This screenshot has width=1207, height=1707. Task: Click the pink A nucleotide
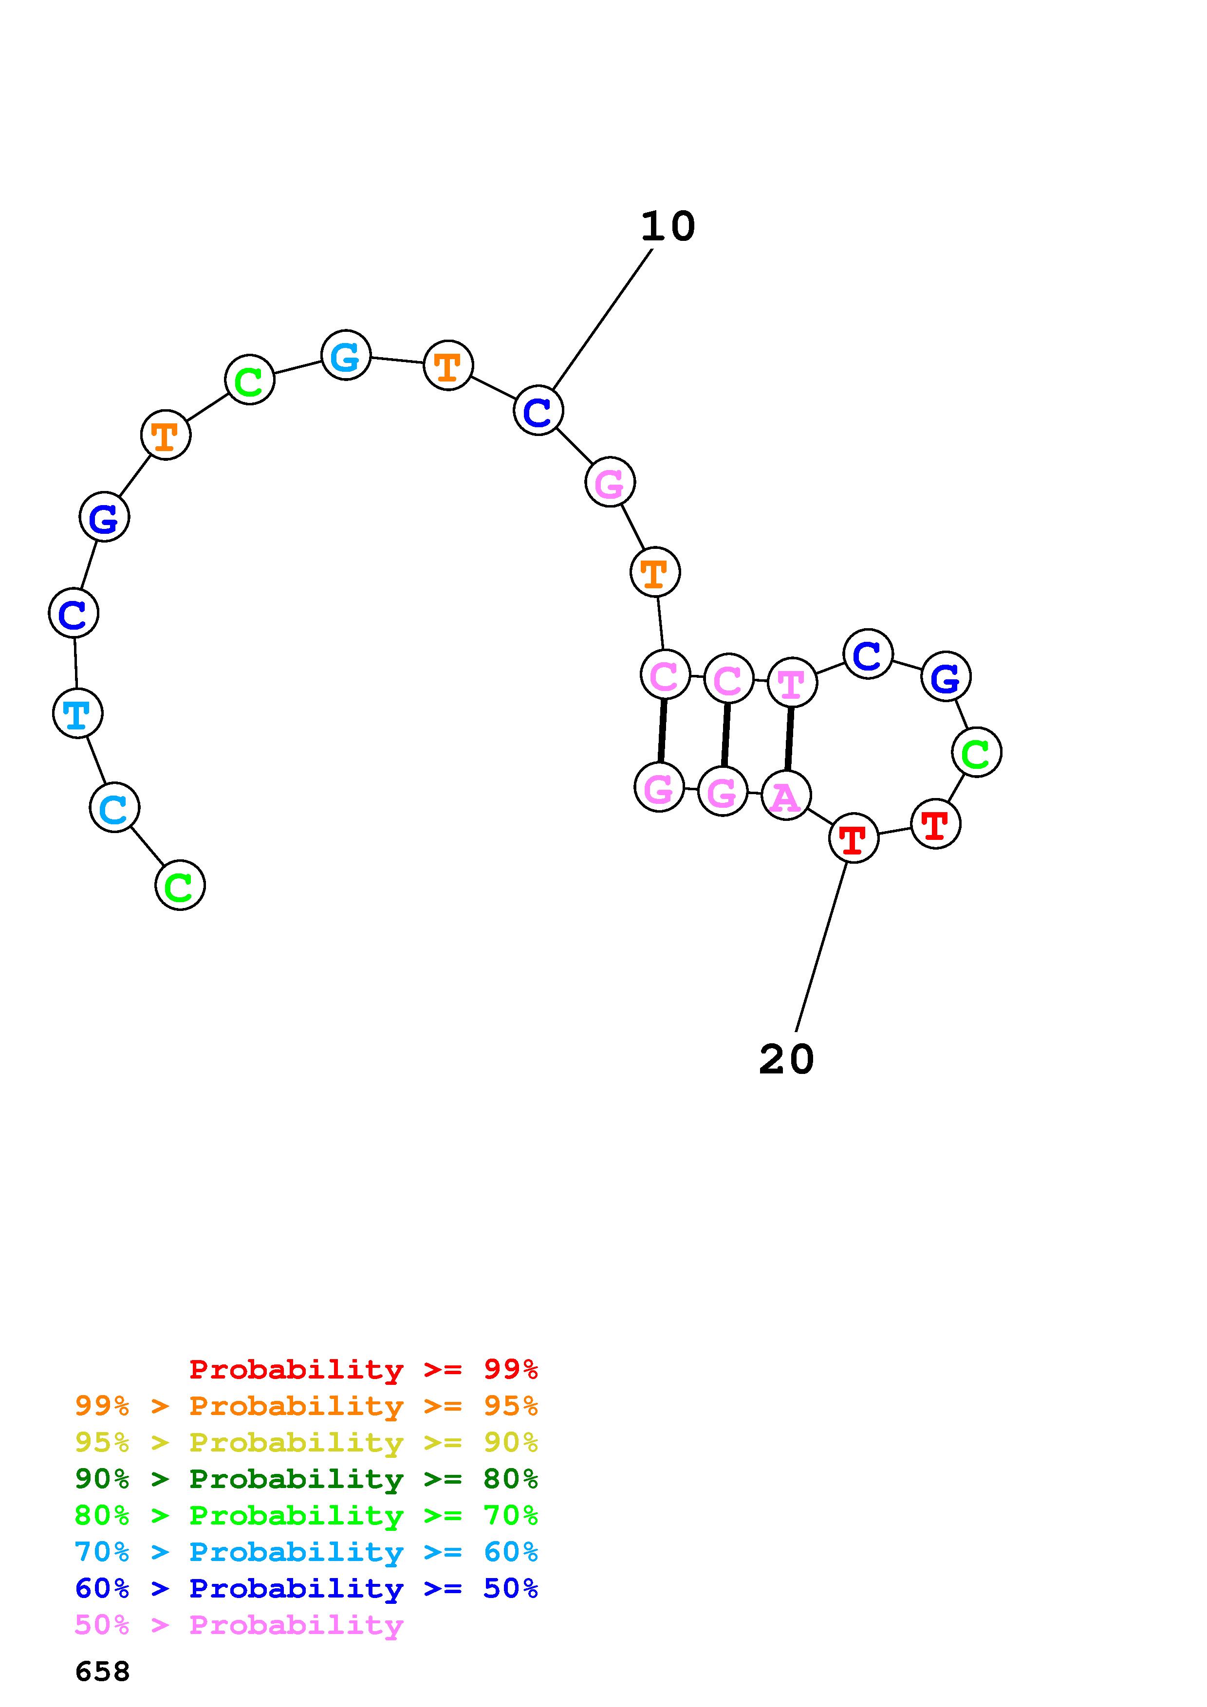[x=785, y=796]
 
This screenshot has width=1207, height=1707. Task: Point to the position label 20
[x=786, y=1059]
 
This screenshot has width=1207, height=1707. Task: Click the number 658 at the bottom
[x=103, y=1672]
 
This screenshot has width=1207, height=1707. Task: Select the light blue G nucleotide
[x=346, y=355]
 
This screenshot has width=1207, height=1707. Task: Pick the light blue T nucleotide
[x=77, y=714]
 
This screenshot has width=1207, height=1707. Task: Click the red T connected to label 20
[x=854, y=838]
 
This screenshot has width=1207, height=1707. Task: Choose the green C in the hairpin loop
[x=977, y=752]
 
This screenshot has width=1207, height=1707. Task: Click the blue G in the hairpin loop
[x=945, y=676]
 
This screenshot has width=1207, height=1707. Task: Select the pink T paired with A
[x=792, y=683]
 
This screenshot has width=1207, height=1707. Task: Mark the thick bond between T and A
[x=789, y=739]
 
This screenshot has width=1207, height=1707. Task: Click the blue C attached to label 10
[x=538, y=410]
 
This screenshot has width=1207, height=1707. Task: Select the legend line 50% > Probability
[x=239, y=1625]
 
